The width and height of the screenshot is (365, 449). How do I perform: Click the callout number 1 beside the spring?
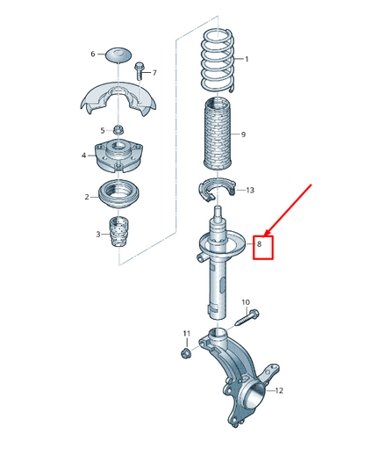point(247,60)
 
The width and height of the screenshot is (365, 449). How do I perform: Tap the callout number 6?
point(92,54)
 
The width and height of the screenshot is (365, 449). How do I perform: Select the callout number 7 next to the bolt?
point(153,72)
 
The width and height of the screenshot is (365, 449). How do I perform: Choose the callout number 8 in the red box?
point(259,244)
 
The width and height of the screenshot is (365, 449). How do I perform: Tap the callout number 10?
point(246,302)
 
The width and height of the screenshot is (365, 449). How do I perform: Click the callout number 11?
point(186,333)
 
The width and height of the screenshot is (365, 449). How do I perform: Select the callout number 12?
point(279,390)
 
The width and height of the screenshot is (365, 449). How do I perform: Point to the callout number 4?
point(84,156)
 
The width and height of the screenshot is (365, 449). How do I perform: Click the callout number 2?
point(87,197)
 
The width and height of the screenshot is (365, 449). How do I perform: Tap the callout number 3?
point(98,235)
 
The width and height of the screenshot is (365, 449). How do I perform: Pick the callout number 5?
point(101,129)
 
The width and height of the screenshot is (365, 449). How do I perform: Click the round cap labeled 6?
point(118,54)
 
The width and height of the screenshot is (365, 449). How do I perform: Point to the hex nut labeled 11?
point(186,352)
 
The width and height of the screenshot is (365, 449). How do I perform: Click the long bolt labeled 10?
point(243,318)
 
